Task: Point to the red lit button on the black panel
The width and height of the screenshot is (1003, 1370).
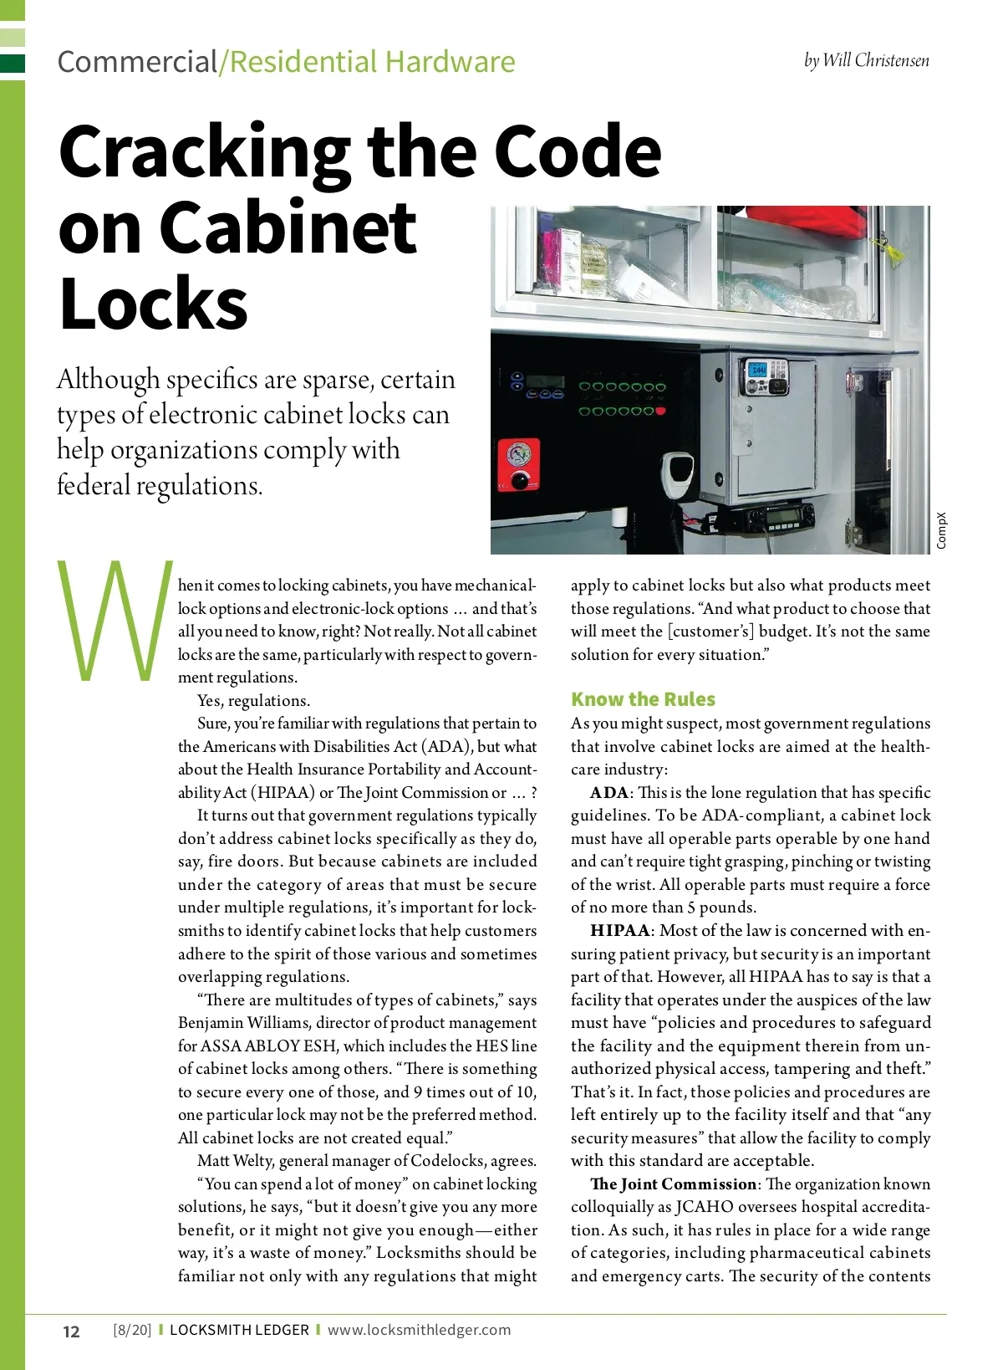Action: [660, 412]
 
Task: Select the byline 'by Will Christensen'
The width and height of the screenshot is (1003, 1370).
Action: [866, 60]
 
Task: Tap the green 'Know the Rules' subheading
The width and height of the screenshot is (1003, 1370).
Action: [643, 699]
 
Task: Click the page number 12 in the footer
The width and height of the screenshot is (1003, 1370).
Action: [72, 1332]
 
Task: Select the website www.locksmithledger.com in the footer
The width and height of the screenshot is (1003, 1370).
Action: [419, 1330]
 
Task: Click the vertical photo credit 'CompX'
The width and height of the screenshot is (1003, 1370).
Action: [941, 531]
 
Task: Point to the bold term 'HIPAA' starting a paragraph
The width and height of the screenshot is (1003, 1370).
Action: [619, 931]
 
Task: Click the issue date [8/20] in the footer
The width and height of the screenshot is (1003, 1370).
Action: [132, 1330]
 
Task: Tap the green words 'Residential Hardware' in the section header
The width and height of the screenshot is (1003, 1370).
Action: [372, 62]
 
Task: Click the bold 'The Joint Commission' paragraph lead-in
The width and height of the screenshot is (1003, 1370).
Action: [673, 1184]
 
